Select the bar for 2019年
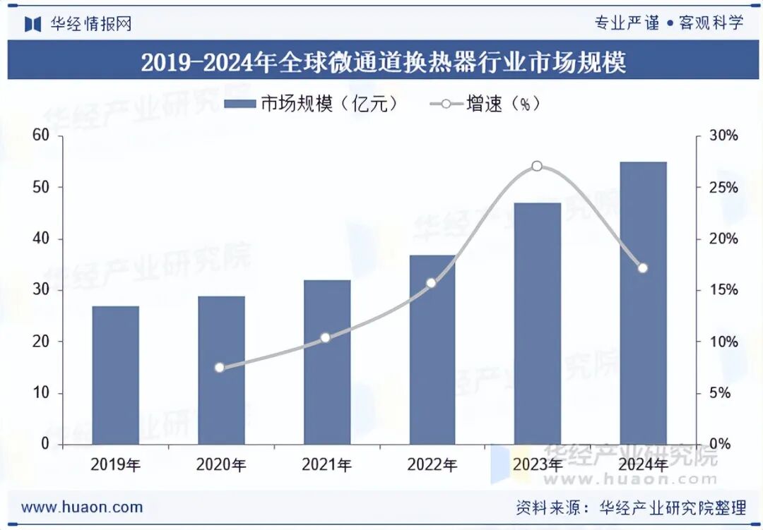(116, 375)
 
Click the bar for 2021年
(327, 362)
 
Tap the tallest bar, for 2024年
(643, 303)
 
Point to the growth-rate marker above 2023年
(537, 167)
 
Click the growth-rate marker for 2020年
(220, 367)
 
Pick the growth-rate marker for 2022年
(432, 283)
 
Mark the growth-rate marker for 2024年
(642, 268)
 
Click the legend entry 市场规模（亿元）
(312, 104)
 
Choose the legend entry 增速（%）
(485, 104)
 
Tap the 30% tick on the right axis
(723, 135)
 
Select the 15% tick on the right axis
(723, 290)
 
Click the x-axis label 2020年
(221, 465)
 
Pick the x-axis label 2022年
(432, 465)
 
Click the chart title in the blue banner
(383, 63)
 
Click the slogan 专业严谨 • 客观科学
(668, 23)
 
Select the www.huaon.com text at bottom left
(82, 507)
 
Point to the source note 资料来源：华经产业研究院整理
(631, 507)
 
